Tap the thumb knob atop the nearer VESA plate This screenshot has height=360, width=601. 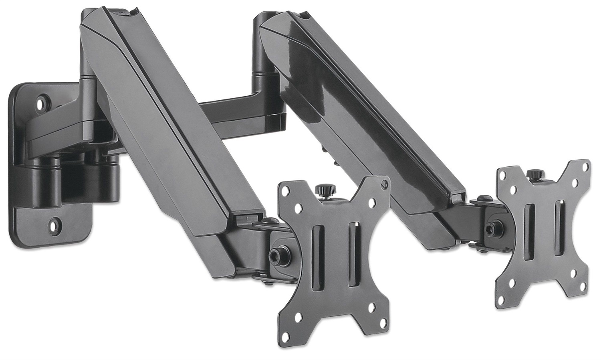tap(321, 190)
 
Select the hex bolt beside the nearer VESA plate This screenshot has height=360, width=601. tap(276, 254)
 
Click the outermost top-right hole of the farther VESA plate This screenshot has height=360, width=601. tap(586, 166)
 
